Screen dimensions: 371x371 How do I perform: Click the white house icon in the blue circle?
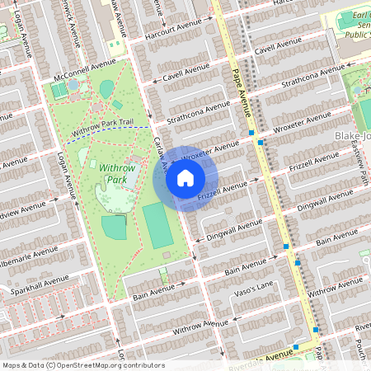coord(185,178)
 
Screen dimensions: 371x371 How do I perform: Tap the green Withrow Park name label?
coord(115,173)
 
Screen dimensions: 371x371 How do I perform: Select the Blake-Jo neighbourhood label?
coord(351,134)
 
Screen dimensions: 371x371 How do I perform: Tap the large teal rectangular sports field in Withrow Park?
coord(157,225)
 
